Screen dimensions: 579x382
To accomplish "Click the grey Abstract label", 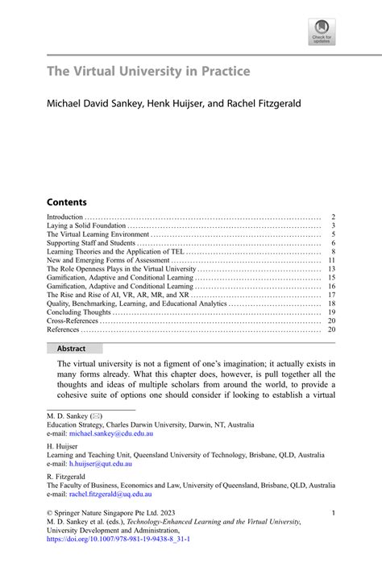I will [x=75, y=349].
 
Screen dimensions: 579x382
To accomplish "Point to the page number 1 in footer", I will [x=334, y=513].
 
